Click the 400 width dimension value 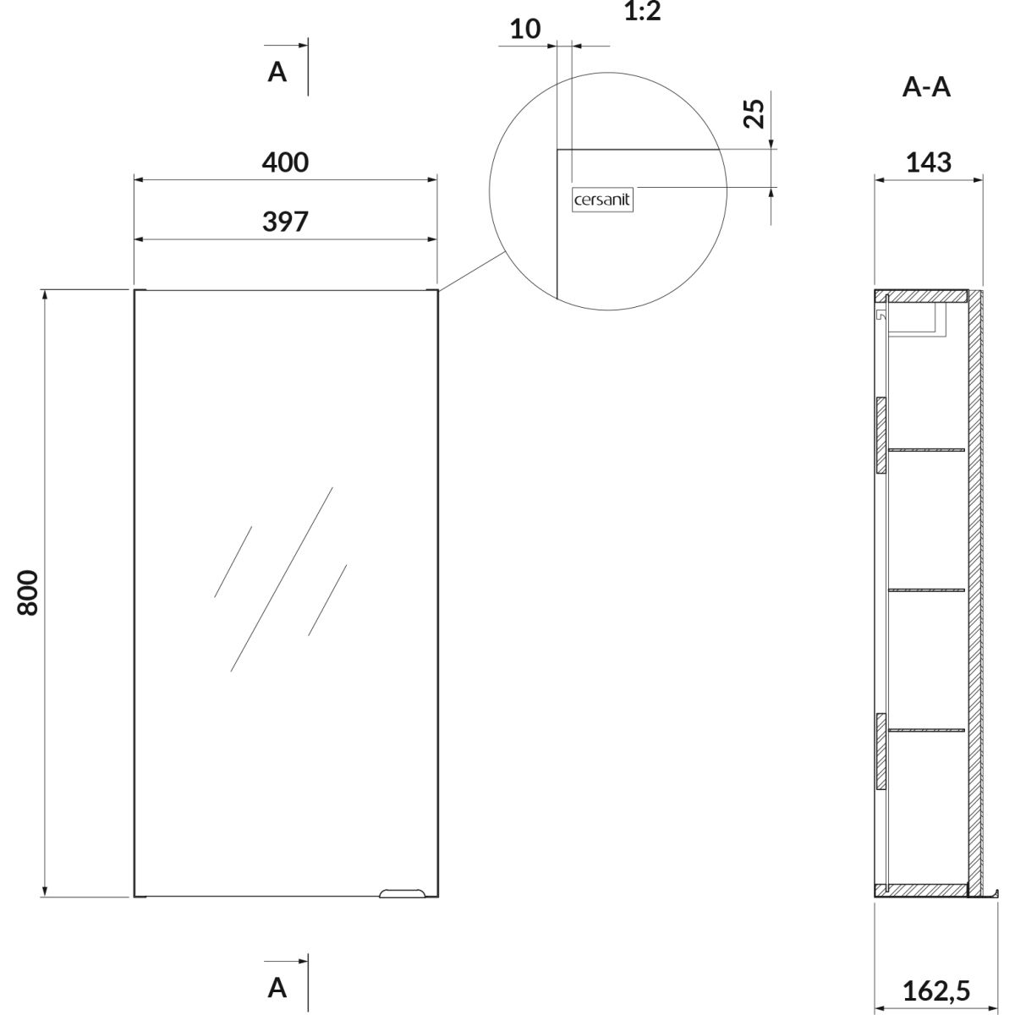[x=285, y=162]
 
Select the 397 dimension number [x=285, y=222]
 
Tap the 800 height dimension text [x=28, y=593]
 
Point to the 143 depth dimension [x=929, y=162]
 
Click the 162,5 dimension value [x=936, y=990]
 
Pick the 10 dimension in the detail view [x=525, y=29]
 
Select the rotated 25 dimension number [x=754, y=113]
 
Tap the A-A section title [x=926, y=87]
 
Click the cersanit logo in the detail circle [x=602, y=200]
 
